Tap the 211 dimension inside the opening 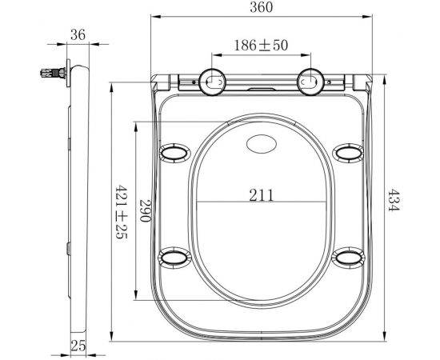coord(261,194)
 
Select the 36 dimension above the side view coord(77,34)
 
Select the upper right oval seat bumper coord(348,152)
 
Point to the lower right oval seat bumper coord(348,256)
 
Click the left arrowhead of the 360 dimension coord(154,17)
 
